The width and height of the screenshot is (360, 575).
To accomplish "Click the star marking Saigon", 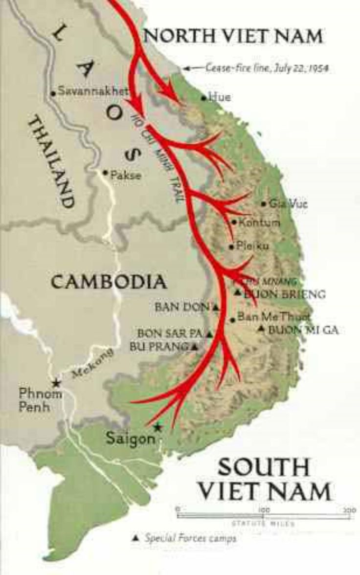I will pyautogui.click(x=157, y=427).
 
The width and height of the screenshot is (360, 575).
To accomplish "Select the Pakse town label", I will pyautogui.click(x=126, y=175).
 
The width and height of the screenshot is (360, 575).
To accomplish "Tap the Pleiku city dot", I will pyautogui.click(x=231, y=247).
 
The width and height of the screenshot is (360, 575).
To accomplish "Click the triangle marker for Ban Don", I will pyautogui.click(x=215, y=308).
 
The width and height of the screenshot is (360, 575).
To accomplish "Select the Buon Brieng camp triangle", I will pyautogui.click(x=237, y=293).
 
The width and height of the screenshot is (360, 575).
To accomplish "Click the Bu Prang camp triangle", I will pyautogui.click(x=194, y=347).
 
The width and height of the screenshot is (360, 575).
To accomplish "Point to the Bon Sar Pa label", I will pyautogui.click(x=171, y=334).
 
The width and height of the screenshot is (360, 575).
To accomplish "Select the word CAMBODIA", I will pyautogui.click(x=109, y=282).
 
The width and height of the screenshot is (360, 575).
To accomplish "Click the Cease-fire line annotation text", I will pyautogui.click(x=266, y=68).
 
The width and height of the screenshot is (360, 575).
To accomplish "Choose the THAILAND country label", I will pyautogui.click(x=51, y=162).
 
